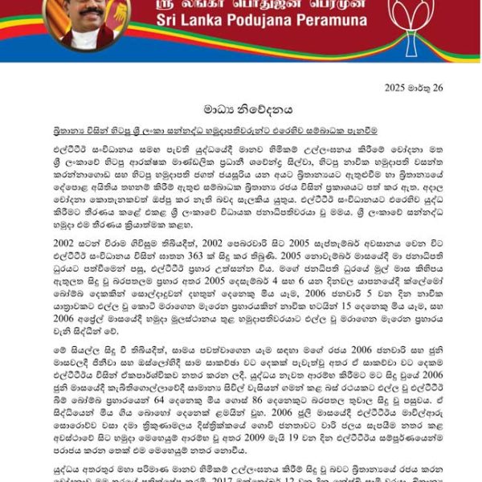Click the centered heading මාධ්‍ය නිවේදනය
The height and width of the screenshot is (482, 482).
click(240, 106)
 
